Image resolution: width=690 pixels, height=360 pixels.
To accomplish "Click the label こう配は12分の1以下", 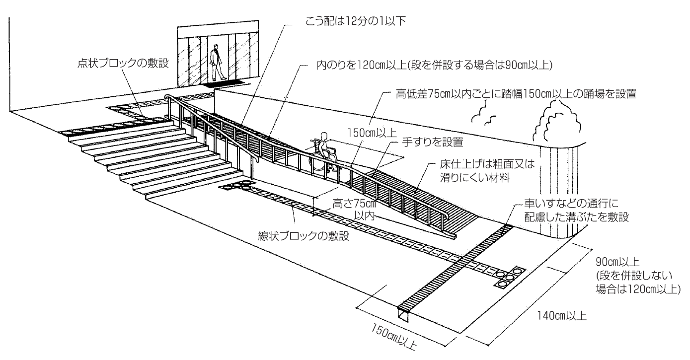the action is click(x=359, y=21).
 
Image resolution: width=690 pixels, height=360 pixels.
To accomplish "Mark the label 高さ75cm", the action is click(x=353, y=205).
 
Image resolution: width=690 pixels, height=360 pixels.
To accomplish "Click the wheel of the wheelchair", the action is click(x=318, y=164).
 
